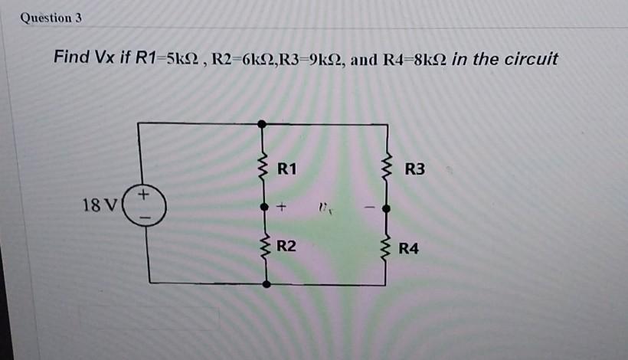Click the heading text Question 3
(x=51, y=17)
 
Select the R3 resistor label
(x=414, y=169)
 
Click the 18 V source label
(x=99, y=205)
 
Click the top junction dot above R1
(x=263, y=123)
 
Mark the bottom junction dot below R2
(x=266, y=283)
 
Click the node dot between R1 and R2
(x=265, y=207)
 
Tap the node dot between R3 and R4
(x=387, y=208)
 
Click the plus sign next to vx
(x=282, y=207)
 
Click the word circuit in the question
(x=531, y=59)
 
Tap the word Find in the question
(x=71, y=58)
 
